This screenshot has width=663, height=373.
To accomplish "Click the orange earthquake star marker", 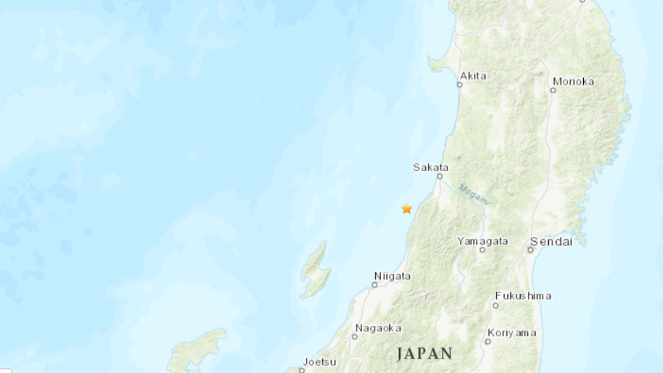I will (x=406, y=209).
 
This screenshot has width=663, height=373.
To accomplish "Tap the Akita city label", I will (x=473, y=76).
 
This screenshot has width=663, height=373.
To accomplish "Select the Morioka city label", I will (x=573, y=81).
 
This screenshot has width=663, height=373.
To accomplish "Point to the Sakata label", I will (x=430, y=167).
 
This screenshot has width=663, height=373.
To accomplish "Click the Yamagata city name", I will (x=483, y=241).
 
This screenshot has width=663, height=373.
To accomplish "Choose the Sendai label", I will (x=551, y=242).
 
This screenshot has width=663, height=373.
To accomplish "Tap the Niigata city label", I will (x=392, y=276).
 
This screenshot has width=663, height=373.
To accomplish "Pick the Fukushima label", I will (x=523, y=296).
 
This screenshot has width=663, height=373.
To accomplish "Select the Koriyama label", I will (x=511, y=333).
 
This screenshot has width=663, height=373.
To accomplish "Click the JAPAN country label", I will (x=425, y=353).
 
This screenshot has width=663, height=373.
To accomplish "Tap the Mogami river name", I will (x=473, y=194).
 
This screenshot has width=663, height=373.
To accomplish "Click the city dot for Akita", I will (x=459, y=85).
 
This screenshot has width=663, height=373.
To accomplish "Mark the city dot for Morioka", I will (x=553, y=90).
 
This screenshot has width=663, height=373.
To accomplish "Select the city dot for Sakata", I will (x=440, y=177).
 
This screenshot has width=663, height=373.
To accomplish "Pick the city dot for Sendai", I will (x=530, y=250).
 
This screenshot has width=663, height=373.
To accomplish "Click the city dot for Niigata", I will (x=374, y=285).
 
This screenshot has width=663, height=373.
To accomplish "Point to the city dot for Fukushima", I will (x=495, y=305).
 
